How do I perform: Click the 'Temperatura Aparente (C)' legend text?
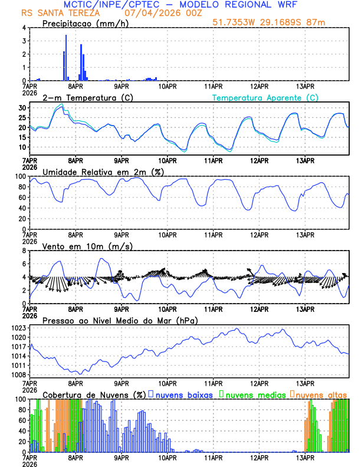(x=265, y=97)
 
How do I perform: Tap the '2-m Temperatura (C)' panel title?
(x=88, y=97)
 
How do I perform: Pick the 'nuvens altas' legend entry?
(x=321, y=394)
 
